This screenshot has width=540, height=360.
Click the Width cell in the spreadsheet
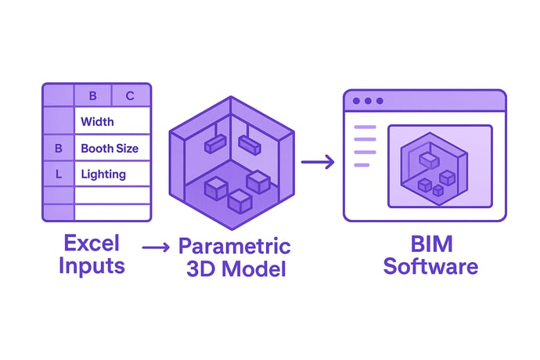click(x=112, y=121)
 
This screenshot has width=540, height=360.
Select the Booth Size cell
click(x=112, y=148)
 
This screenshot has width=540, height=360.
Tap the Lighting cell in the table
click(x=112, y=174)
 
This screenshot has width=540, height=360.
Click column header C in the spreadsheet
click(x=130, y=95)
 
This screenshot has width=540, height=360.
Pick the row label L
click(x=59, y=175)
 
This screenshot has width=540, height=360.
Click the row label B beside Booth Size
click(x=59, y=148)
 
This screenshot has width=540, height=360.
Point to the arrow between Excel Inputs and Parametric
click(x=156, y=247)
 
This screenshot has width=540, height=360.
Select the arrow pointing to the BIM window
click(x=318, y=161)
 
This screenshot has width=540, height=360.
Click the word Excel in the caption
click(x=92, y=243)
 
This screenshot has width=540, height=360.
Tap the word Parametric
click(x=235, y=247)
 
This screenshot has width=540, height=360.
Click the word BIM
click(x=431, y=244)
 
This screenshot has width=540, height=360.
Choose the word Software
click(x=431, y=266)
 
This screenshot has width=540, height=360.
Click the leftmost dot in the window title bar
click(x=356, y=101)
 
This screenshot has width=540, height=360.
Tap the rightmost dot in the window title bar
click(x=380, y=101)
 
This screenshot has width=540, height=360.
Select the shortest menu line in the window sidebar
click(x=362, y=165)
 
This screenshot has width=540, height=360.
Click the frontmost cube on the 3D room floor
click(x=240, y=201)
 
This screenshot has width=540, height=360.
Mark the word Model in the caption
click(x=254, y=269)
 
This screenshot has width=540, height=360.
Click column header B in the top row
click(x=92, y=95)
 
